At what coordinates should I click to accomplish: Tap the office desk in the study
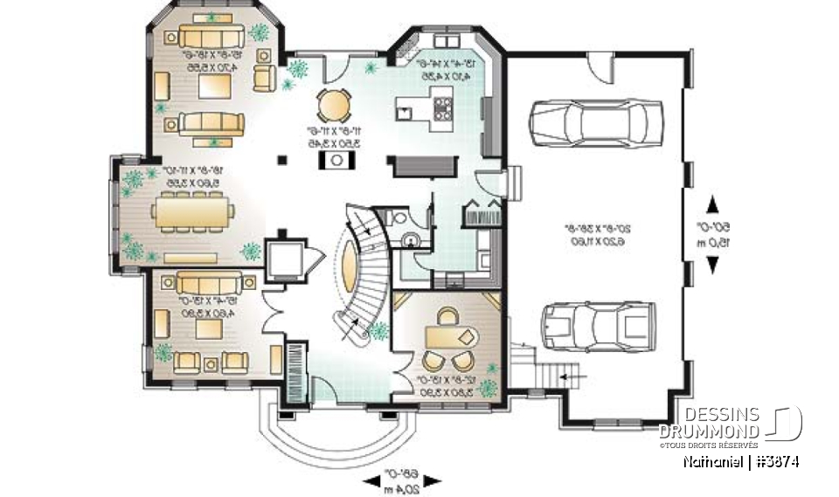click(x=445, y=335)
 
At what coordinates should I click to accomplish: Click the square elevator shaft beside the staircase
click(x=283, y=257)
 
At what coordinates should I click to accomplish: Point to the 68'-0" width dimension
click(x=404, y=479)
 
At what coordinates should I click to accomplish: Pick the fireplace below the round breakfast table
click(x=336, y=160)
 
